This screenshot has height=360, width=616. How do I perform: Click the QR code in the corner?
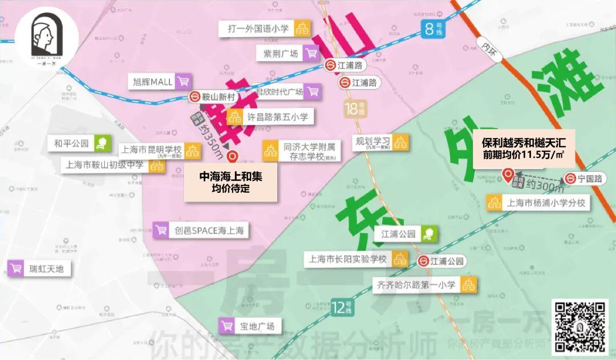[x=579, y=327]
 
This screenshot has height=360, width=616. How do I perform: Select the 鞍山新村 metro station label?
[x=212, y=98]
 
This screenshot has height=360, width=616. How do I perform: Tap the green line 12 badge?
[x=342, y=309]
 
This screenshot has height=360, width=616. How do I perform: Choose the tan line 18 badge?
[x=354, y=108]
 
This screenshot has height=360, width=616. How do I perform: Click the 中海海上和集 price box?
[x=230, y=183]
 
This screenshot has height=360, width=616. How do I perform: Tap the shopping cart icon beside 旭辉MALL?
[x=183, y=82]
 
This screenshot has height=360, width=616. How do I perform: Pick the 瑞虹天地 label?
[x=39, y=268]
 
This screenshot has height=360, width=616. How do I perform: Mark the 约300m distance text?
[x=544, y=185]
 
